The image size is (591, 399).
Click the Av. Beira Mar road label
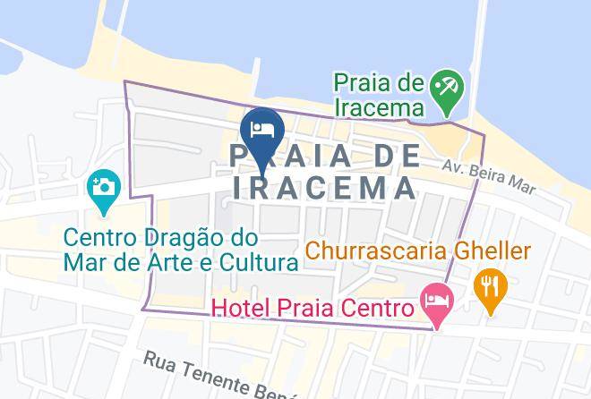[x=501, y=177]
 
